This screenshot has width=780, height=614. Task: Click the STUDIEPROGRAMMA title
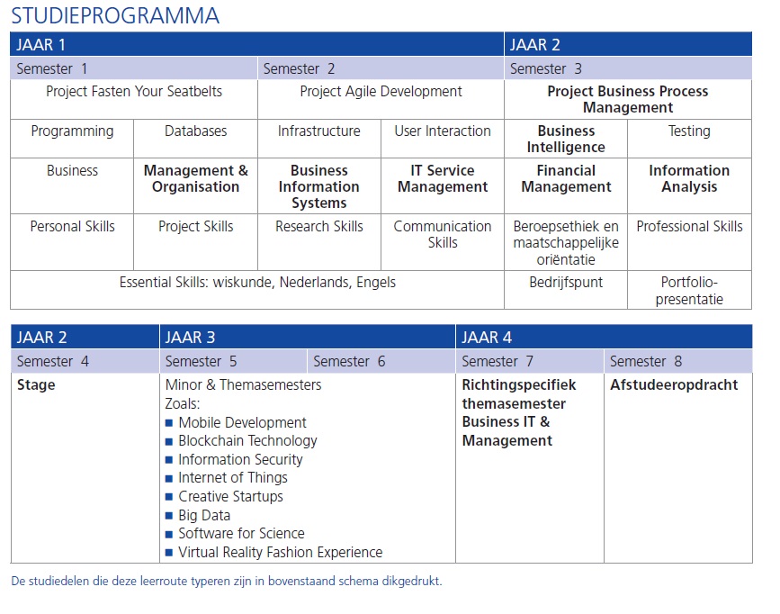click(114, 15)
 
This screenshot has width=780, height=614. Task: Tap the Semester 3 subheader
click(545, 68)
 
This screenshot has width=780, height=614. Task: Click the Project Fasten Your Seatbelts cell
click(134, 92)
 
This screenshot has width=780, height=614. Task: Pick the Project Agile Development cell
click(381, 92)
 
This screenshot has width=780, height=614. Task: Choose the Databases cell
click(195, 131)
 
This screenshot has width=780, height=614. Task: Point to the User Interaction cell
click(442, 131)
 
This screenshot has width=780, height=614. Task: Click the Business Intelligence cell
click(566, 140)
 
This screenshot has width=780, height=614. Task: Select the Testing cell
click(689, 131)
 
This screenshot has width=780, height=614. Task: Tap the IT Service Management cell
click(442, 178)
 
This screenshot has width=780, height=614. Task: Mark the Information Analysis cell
click(689, 178)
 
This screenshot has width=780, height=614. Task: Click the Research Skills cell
click(319, 227)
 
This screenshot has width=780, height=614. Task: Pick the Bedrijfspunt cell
click(566, 283)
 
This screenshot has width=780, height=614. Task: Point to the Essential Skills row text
click(257, 283)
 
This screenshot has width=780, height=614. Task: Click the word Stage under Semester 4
click(36, 385)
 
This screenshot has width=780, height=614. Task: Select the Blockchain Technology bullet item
click(247, 441)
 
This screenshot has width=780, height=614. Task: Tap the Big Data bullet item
click(204, 516)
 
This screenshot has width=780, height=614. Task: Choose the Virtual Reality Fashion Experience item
click(280, 553)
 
